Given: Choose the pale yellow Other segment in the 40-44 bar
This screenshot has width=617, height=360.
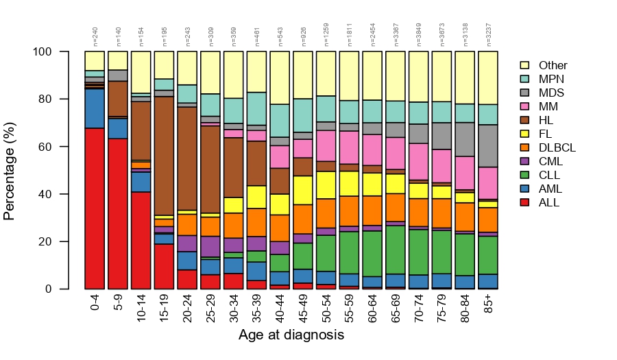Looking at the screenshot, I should click(x=280, y=77).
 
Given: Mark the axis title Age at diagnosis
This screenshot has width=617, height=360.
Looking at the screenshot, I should click(x=291, y=336).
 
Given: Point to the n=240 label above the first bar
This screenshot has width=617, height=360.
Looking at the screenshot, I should click(x=95, y=37).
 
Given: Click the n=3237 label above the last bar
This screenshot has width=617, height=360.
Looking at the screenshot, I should click(x=488, y=36).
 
